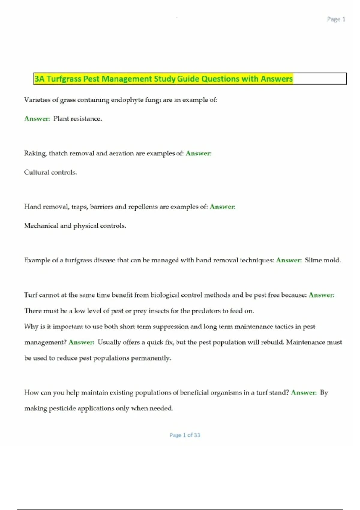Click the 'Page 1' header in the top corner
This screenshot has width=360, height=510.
pyautogui.click(x=336, y=19)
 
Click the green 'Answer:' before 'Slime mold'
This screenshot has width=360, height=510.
pyautogui.click(x=289, y=260)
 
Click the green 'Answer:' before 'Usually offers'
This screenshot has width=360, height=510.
pyautogui.click(x=81, y=342)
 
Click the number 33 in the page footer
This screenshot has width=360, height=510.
pyautogui.click(x=197, y=435)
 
